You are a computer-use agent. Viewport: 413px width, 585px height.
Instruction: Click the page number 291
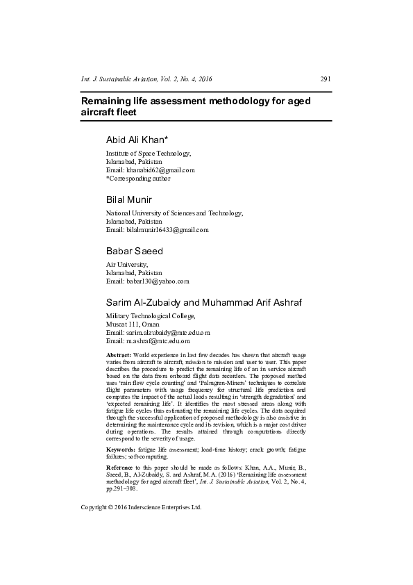pos(325,79)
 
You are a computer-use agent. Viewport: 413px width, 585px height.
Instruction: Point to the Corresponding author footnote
pos(138,178)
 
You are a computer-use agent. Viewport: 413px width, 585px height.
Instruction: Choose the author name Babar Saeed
pos(134,251)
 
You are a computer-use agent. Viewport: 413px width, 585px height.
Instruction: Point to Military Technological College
pos(151,316)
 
